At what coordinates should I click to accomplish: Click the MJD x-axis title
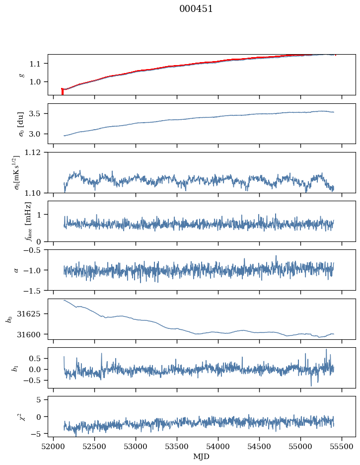(x=201, y=457)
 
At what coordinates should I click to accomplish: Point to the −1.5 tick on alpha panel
(x=35, y=290)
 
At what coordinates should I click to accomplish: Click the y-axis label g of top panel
(x=21, y=75)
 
